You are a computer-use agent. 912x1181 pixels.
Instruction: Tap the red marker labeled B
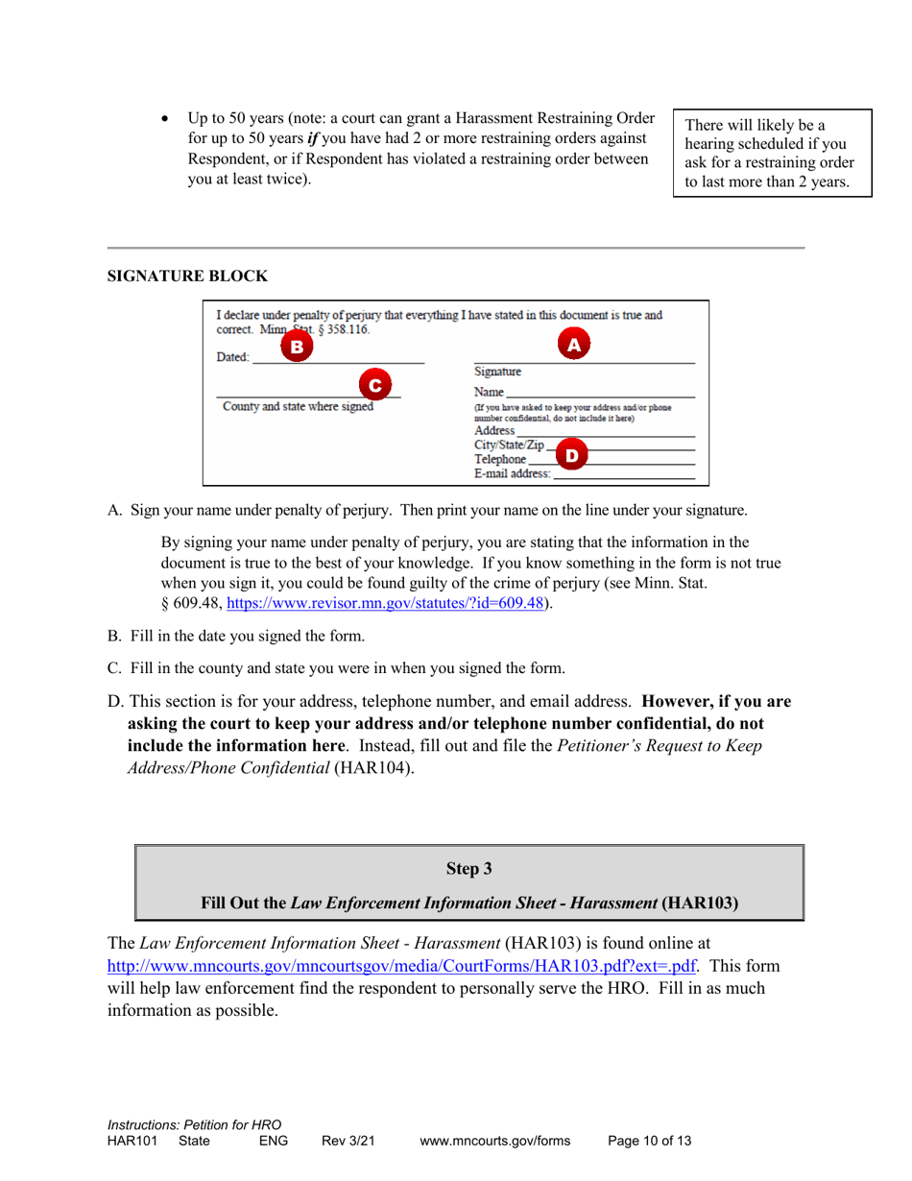pos(297,345)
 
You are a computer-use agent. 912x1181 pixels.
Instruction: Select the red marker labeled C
pos(377,385)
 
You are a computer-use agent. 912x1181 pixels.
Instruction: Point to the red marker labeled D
pos(571,454)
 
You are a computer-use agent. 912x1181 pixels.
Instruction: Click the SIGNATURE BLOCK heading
pos(187,277)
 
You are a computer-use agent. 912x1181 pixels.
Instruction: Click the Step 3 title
pos(469,870)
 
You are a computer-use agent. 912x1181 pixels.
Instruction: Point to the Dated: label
pos(233,357)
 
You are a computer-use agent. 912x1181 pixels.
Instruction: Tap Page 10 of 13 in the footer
pos(650,1142)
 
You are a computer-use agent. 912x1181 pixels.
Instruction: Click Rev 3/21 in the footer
pos(348,1142)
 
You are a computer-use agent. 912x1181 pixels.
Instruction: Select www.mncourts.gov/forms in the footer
pos(495,1142)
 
